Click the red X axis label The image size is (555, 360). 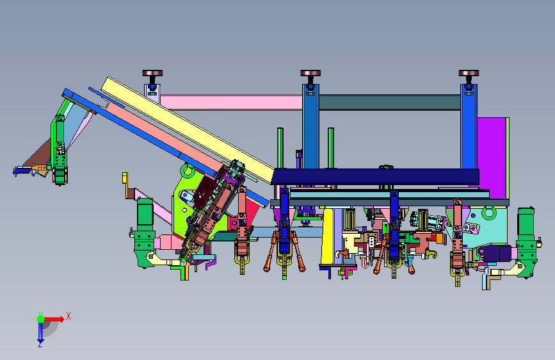[68, 316]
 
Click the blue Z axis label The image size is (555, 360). [40, 344]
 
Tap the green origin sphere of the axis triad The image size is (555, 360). [41, 319]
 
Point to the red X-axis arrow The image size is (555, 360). [54, 319]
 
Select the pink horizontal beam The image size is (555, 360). [232, 102]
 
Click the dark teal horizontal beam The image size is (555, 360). [390, 102]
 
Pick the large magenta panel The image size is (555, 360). [491, 158]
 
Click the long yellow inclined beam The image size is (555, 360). [188, 129]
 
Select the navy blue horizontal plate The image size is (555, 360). [375, 176]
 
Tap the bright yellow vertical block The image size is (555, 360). [327, 236]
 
